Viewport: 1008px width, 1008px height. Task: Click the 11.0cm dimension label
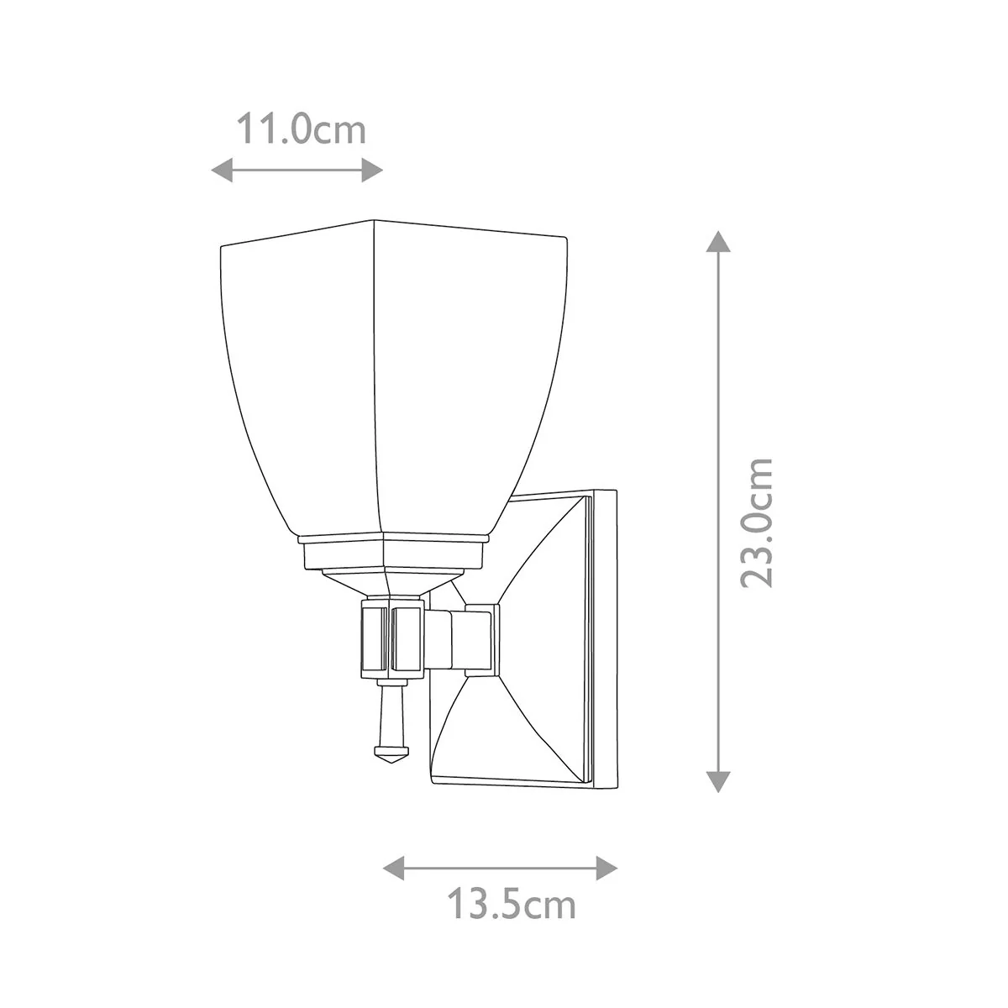302,130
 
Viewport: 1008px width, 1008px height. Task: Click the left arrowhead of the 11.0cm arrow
222,170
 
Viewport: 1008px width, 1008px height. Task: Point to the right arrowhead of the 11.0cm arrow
372,170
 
